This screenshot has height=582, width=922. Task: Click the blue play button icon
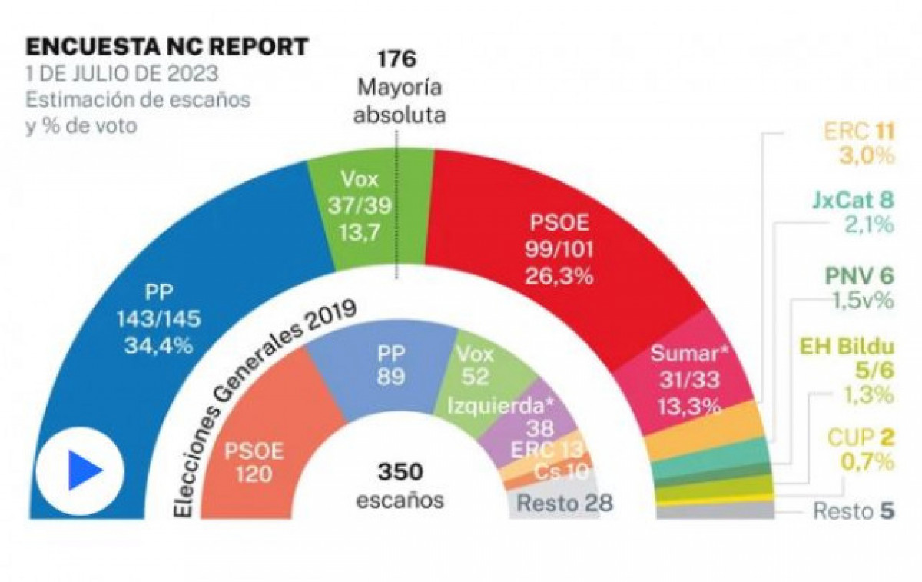(80, 471)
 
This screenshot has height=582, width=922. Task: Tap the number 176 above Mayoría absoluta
(396, 58)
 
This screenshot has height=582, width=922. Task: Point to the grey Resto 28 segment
(565, 504)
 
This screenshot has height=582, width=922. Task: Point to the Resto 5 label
(853, 511)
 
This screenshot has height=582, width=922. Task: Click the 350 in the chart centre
(400, 471)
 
